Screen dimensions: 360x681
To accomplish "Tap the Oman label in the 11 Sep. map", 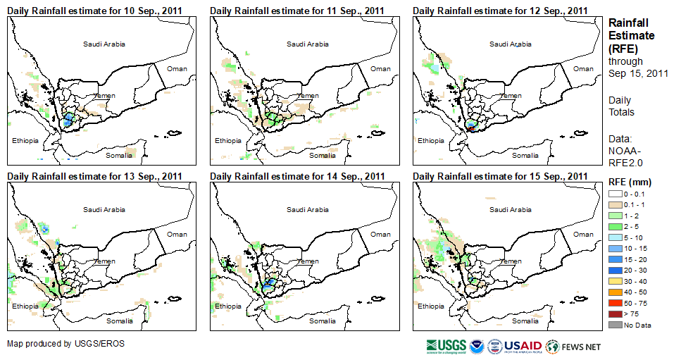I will click(x=380, y=68).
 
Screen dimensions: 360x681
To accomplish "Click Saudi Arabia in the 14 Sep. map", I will click(x=307, y=209).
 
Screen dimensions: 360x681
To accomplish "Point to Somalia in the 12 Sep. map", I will click(x=525, y=155).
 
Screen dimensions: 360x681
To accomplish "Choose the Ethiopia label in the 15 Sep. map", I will click(x=430, y=306).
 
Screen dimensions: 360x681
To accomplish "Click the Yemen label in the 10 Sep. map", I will click(x=106, y=96).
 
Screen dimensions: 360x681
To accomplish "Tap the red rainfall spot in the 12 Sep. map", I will click(x=471, y=129).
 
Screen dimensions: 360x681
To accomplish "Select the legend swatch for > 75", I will click(x=615, y=314).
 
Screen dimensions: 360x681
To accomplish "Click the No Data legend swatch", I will click(x=615, y=325).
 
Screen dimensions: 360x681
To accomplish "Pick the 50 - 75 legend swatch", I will click(x=615, y=303).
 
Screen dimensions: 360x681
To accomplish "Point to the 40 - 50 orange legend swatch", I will click(x=615, y=292).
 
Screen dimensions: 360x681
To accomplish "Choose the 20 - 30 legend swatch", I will click(x=615, y=271).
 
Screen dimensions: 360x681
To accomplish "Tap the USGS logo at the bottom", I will click(x=446, y=346).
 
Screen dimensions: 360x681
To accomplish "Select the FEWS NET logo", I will click(x=573, y=346).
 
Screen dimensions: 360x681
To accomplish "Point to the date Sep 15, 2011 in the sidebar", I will click(x=638, y=73).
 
